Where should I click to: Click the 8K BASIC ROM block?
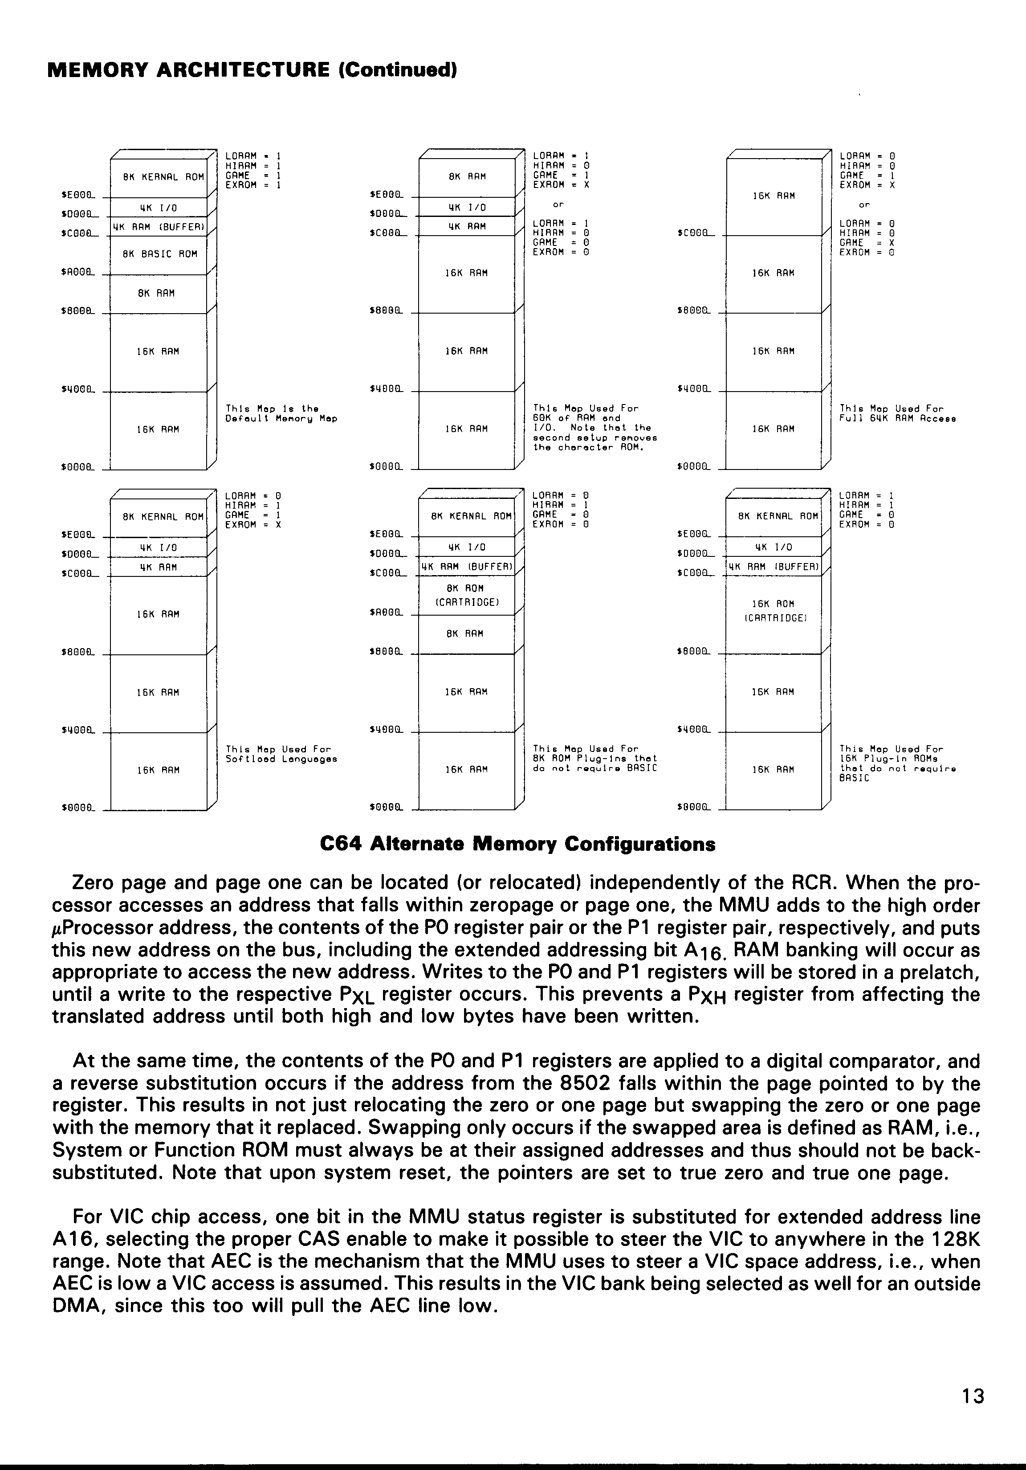159,254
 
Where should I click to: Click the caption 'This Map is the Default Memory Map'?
281,413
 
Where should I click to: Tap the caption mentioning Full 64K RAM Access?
897,413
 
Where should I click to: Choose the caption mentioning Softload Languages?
281,754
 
